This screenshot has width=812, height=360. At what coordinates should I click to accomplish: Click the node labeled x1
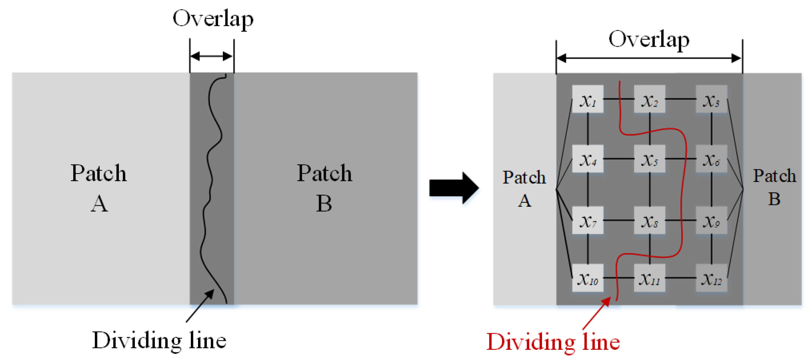(588, 99)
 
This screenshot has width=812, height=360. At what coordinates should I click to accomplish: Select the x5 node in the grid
(649, 159)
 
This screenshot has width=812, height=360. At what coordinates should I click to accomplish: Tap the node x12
(711, 278)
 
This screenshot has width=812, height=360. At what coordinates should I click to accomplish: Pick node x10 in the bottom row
(588, 278)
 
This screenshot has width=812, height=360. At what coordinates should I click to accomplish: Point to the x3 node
(711, 99)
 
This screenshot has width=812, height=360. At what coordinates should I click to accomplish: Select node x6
(711, 159)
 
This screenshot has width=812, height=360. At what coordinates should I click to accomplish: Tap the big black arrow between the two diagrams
(454, 188)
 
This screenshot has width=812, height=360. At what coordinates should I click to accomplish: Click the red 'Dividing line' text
(553, 342)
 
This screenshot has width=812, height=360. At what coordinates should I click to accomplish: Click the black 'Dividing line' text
(159, 340)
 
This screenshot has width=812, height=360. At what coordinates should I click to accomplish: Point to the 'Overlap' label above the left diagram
(213, 19)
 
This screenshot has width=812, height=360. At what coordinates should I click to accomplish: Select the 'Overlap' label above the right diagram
(649, 40)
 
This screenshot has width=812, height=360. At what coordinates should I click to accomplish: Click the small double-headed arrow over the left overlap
(212, 56)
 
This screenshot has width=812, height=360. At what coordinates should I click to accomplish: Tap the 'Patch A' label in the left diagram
(99, 188)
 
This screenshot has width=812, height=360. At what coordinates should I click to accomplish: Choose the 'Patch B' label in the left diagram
(324, 188)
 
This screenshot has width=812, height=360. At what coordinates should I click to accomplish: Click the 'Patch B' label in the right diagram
(774, 187)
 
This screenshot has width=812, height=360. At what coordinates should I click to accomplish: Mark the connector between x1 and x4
(588, 129)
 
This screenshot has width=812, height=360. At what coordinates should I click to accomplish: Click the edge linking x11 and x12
(681, 278)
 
